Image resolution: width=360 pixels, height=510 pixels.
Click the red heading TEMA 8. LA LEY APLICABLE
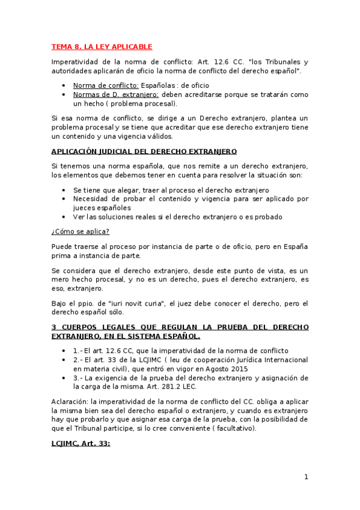click(102, 46)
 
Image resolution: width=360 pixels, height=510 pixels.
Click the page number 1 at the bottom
click(306, 477)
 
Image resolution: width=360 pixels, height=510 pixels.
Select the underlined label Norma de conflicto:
click(106, 85)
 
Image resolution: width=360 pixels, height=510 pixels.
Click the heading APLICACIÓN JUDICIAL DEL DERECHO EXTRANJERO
click(144, 151)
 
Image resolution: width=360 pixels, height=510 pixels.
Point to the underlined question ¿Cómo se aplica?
click(81, 232)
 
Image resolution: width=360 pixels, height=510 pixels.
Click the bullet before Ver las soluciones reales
click(64, 217)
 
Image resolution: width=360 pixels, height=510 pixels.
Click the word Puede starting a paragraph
click(61, 247)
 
